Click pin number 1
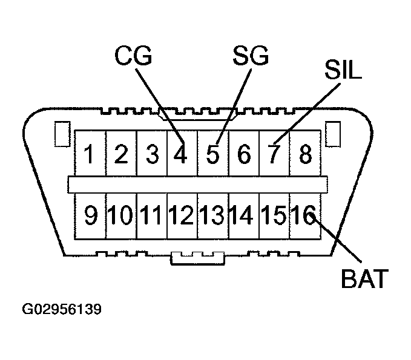coord(90,155)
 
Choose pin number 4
coord(180,155)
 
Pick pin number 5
coord(212,155)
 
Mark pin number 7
coord(275,155)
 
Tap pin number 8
coord(305,155)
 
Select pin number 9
coord(90,216)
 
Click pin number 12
coord(182,216)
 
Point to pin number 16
coord(304,216)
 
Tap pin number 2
coord(120,155)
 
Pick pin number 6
coord(244,155)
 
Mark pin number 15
coord(274,216)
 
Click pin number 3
coord(152,155)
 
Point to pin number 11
coord(152,216)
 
